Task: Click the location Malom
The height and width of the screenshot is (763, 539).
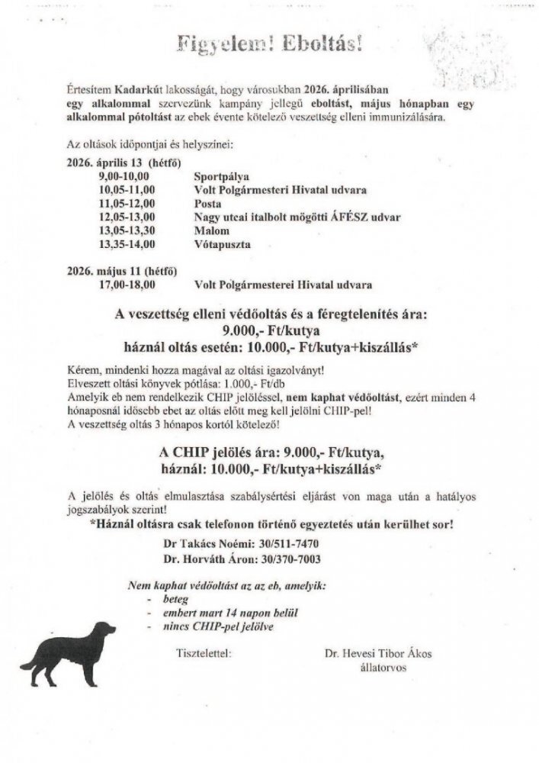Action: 211,230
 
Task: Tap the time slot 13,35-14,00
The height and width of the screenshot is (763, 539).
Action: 127,244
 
